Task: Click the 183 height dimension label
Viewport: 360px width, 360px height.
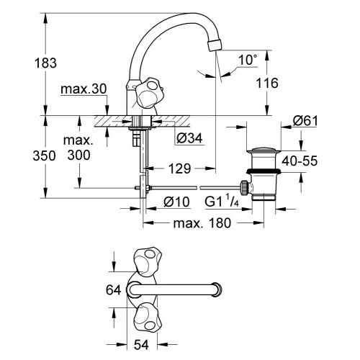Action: tap(45, 63)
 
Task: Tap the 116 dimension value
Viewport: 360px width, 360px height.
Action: tap(267, 83)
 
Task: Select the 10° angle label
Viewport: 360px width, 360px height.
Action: tap(248, 60)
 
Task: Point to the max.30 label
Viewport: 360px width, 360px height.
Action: tap(84, 89)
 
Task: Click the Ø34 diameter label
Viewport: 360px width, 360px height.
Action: tap(189, 138)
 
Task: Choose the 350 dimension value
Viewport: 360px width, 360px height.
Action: tap(44, 156)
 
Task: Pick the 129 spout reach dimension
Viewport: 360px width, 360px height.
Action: tap(180, 168)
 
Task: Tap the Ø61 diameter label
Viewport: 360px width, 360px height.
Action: tap(305, 121)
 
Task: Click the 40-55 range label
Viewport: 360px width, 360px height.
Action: tap(300, 161)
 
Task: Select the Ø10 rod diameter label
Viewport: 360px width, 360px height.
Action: tap(176, 202)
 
